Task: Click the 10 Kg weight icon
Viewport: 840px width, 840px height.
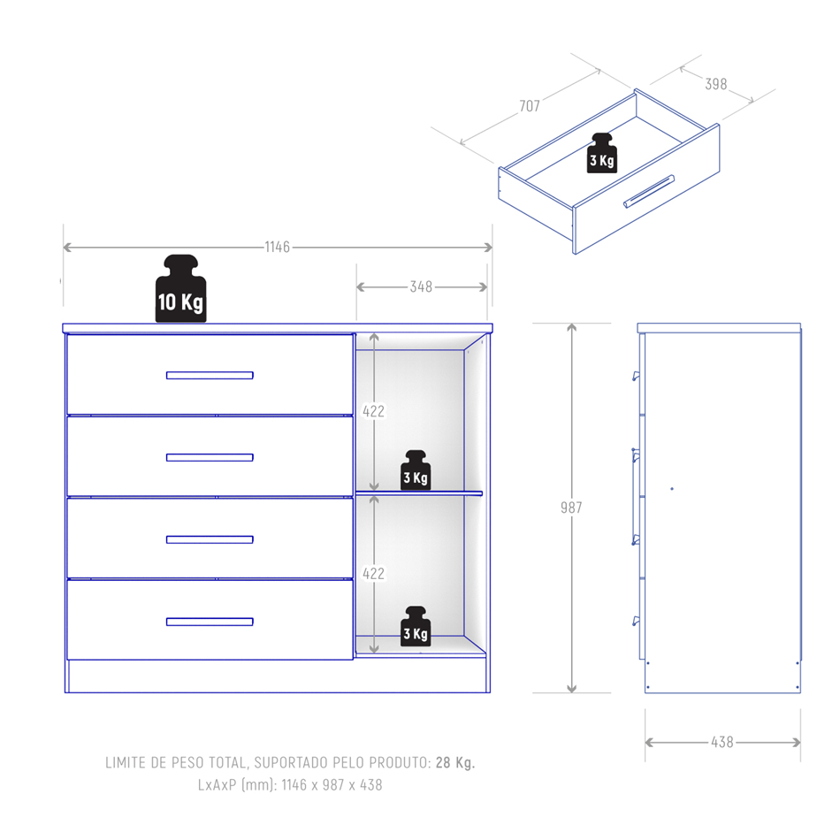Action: (181, 289)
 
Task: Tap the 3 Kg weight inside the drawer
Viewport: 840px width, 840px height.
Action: (602, 153)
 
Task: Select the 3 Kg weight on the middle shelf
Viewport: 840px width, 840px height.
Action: (416, 470)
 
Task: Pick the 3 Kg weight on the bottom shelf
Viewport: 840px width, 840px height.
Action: (416, 626)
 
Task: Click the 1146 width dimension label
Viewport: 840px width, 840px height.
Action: (277, 247)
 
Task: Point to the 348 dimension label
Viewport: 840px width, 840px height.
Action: (421, 287)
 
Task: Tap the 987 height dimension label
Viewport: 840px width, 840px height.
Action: (571, 508)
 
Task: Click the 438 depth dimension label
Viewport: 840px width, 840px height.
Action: (722, 742)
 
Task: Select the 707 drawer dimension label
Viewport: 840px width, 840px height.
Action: (530, 106)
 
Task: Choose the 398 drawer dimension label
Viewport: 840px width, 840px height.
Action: (715, 84)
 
